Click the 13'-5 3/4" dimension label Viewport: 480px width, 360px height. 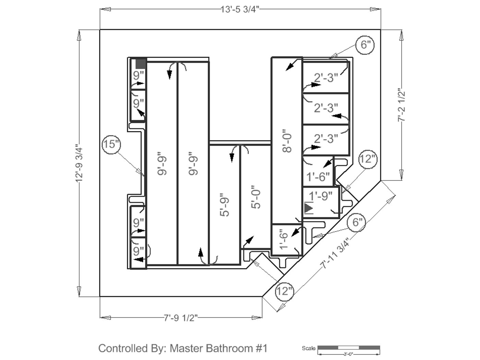[240, 9]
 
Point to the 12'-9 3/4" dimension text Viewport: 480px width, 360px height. [79, 163]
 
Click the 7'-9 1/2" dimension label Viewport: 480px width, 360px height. [181, 318]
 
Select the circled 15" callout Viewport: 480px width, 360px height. [111, 144]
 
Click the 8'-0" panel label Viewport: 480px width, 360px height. [287, 141]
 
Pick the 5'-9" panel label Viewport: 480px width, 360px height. [224, 205]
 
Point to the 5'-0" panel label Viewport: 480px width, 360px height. [256, 197]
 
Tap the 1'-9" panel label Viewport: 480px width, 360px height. [321, 196]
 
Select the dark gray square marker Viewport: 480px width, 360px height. [141, 63]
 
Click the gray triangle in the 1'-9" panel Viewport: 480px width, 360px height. [309, 208]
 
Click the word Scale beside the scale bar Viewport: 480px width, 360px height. [309, 348]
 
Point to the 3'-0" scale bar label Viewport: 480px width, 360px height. [348, 354]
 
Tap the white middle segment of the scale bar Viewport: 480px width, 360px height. [349, 348]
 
